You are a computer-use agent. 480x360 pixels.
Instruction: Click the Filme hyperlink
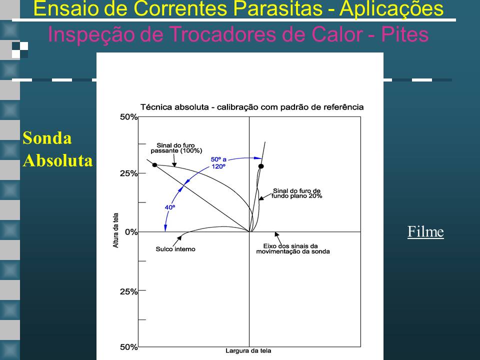pyautogui.click(x=425, y=231)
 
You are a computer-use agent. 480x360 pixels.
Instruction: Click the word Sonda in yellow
pyautogui.click(x=47, y=138)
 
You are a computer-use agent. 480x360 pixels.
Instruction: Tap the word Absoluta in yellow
pyautogui.click(x=58, y=160)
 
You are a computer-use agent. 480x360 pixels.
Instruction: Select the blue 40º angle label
pyautogui.click(x=170, y=207)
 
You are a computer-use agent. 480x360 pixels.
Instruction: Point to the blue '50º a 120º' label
pyautogui.click(x=218, y=163)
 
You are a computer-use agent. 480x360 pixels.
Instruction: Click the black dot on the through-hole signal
pyautogui.click(x=154, y=165)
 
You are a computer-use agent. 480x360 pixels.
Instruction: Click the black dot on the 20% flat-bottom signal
pyautogui.click(x=261, y=166)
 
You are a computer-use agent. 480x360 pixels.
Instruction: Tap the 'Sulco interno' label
pyautogui.click(x=175, y=249)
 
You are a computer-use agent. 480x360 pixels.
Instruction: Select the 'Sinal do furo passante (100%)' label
pyautogui.click(x=176, y=148)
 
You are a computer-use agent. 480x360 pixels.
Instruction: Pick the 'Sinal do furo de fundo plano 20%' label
pyautogui.click(x=296, y=193)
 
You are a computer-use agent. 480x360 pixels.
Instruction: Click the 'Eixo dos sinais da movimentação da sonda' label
pyautogui.click(x=293, y=249)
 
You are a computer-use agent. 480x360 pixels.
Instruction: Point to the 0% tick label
pyautogui.click(x=131, y=232)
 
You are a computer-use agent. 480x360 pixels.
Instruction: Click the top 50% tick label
pyautogui.click(x=129, y=117)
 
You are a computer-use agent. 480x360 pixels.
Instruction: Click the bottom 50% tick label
pyautogui.click(x=129, y=347)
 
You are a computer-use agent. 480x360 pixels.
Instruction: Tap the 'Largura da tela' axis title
pyautogui.click(x=248, y=351)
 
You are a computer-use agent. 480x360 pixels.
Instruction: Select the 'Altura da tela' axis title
pyautogui.click(x=115, y=230)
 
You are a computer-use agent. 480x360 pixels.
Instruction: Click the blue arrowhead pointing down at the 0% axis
pyautogui.click(x=165, y=228)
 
